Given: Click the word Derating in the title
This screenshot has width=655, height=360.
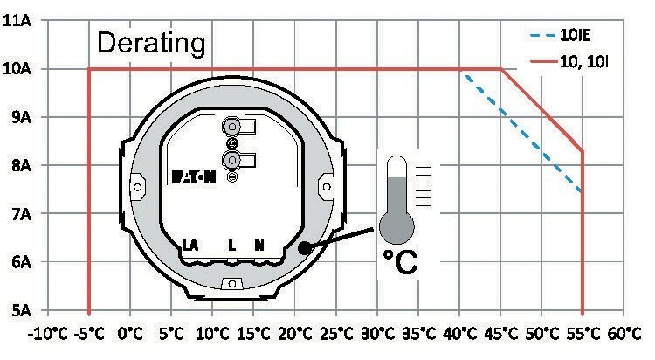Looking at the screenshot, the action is click(x=151, y=43).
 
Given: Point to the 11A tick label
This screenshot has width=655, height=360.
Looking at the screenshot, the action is click(x=17, y=20).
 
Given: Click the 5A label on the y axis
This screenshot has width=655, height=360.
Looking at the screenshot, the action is click(x=22, y=311).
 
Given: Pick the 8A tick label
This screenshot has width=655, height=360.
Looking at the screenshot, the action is click(x=22, y=165).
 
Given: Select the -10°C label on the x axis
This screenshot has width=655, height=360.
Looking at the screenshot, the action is click(x=47, y=334).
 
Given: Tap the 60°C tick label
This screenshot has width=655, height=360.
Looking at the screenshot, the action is click(x=624, y=334).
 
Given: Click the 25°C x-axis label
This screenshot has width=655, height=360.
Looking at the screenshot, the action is click(x=337, y=334).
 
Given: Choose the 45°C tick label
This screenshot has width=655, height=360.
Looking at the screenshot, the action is click(x=501, y=334).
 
